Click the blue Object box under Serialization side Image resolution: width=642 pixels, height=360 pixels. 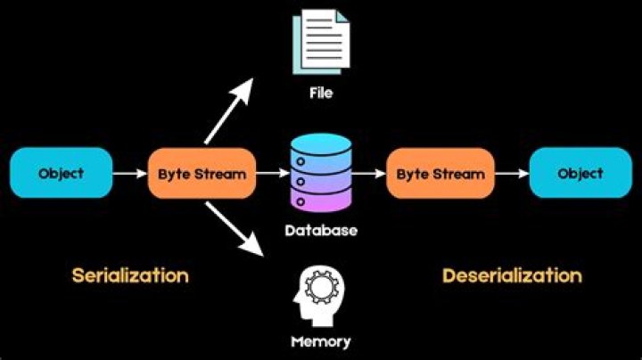62,173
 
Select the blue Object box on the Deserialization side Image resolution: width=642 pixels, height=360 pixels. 580,173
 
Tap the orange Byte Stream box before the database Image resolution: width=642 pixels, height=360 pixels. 202,173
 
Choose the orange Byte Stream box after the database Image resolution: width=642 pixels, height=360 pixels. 440,173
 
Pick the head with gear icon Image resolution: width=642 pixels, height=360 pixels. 320,295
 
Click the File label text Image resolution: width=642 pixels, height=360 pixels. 321,93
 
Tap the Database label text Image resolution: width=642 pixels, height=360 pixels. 321,231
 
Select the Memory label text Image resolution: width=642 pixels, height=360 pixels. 321,341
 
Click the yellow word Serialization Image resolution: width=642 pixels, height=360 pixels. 130,275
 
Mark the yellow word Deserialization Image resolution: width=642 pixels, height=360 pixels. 512,275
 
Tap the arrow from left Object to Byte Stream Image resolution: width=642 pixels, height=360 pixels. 130,174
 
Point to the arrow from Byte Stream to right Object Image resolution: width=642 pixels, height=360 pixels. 511,174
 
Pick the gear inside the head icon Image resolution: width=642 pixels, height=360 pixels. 318,286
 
